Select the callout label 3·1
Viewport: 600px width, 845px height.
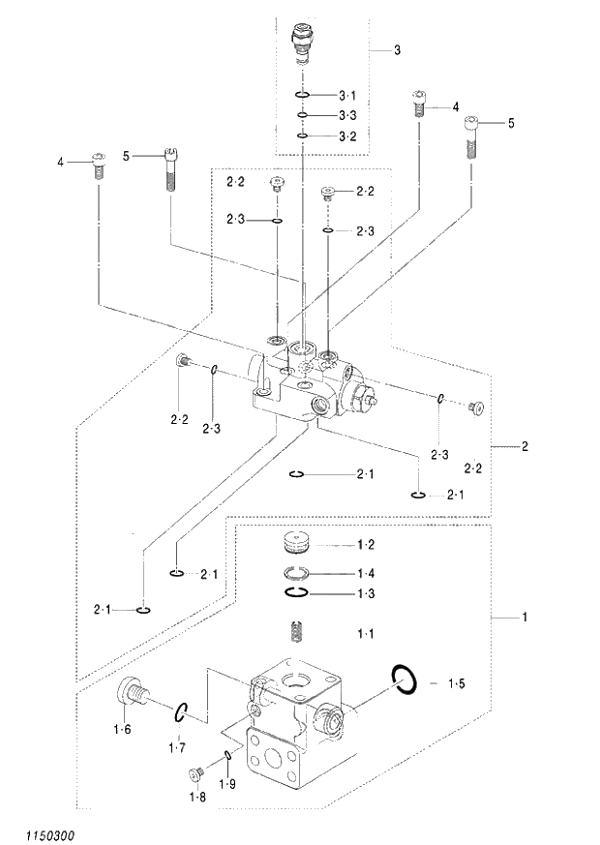347,95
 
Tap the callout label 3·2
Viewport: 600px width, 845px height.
347,136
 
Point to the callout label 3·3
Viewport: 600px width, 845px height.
347,115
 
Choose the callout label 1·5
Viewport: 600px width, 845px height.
456,683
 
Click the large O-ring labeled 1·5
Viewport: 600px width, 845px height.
404,679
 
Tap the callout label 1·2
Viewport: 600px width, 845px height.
365,544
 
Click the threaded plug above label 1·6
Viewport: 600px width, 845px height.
134,693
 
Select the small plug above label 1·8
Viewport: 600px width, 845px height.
195,772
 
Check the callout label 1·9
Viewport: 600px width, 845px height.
227,783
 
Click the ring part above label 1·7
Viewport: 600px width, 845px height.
180,713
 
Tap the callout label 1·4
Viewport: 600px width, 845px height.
365,572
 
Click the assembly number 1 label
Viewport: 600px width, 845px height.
525,617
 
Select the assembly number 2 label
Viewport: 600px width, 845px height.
525,446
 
